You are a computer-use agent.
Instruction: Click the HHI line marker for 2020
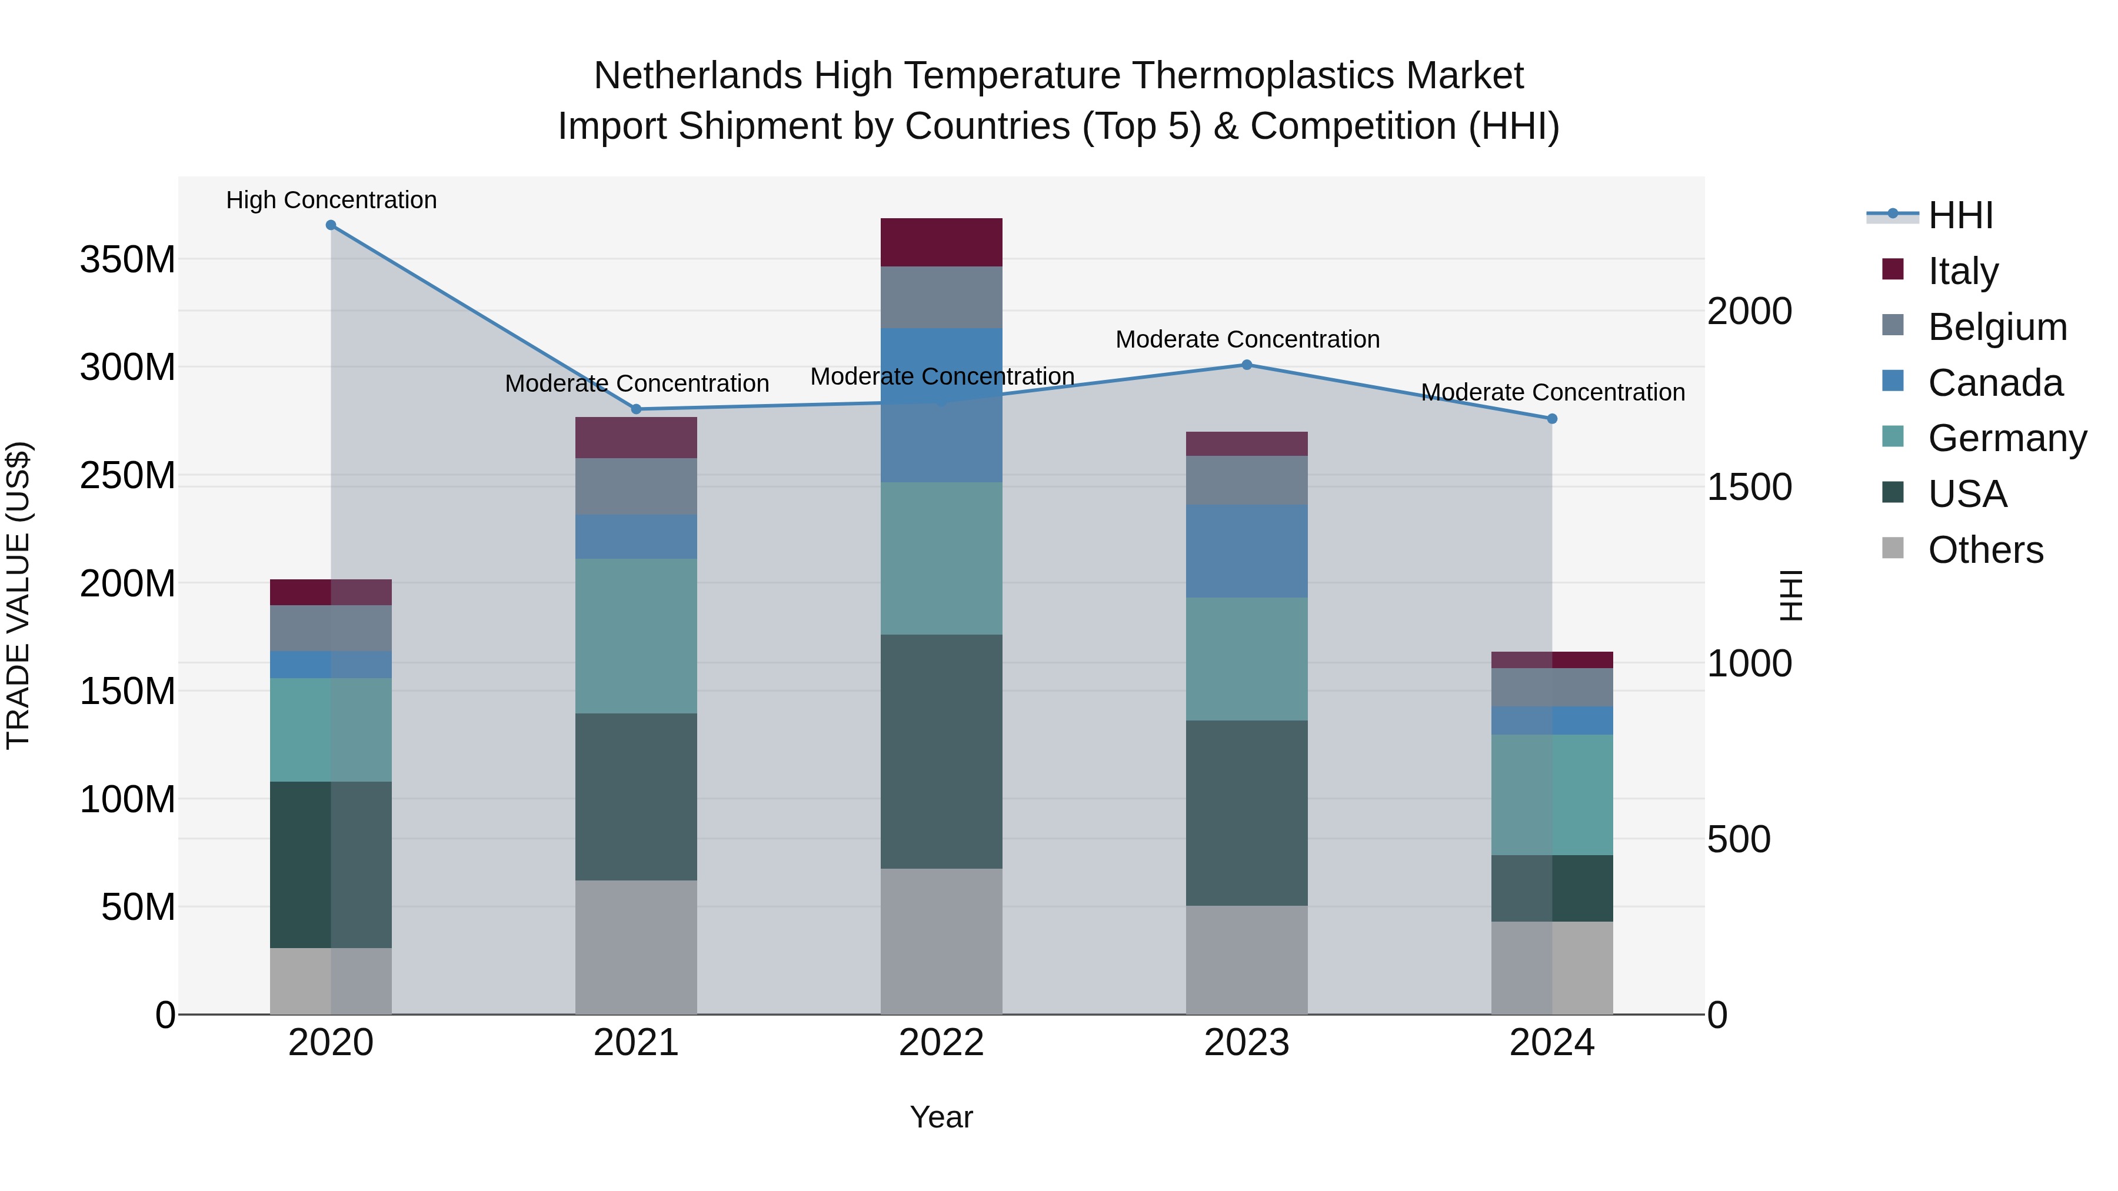[331, 225]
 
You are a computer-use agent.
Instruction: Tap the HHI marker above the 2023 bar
[1247, 365]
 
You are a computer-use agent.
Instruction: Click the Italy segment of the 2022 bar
[941, 242]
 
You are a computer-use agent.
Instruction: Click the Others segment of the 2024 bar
[1551, 968]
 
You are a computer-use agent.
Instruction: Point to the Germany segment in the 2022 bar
[941, 558]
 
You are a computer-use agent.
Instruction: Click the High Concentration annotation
[331, 201]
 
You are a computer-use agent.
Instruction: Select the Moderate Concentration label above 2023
[1247, 339]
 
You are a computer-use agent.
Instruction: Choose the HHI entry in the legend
[1960, 215]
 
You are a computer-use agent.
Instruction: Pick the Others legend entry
[1985, 550]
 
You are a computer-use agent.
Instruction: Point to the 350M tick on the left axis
[128, 260]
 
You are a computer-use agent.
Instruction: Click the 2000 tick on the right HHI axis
[1750, 312]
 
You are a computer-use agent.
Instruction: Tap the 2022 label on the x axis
[941, 1043]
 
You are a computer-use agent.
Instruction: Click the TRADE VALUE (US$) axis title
[19, 595]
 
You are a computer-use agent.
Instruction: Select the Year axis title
[941, 1117]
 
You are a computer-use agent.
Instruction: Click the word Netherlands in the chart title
[698, 76]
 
